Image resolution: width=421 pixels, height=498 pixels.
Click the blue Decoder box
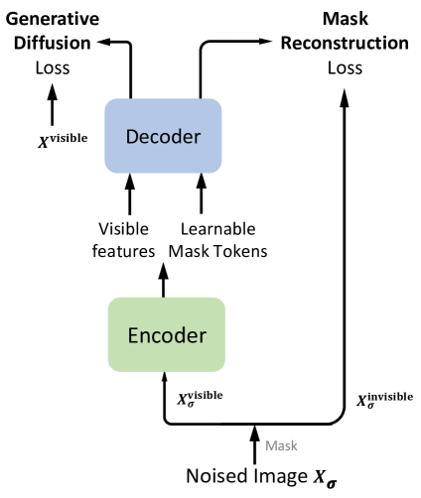pyautogui.click(x=163, y=136)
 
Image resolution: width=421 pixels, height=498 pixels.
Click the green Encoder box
pyautogui.click(x=167, y=334)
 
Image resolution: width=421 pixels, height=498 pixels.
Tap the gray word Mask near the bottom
pyautogui.click(x=281, y=445)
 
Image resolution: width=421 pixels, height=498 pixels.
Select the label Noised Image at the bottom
pyautogui.click(x=247, y=476)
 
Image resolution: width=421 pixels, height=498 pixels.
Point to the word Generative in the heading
pyautogui.click(x=53, y=19)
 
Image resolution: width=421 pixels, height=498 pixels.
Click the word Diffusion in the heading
pyautogui.click(x=53, y=43)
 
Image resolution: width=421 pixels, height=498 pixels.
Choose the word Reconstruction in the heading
pyautogui.click(x=345, y=43)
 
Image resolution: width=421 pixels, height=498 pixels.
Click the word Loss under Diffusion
pyautogui.click(x=53, y=67)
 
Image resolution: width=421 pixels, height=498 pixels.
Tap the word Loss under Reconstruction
pyautogui.click(x=345, y=67)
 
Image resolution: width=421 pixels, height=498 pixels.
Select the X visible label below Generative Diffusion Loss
pyautogui.click(x=63, y=140)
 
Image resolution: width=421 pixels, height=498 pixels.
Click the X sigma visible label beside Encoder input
pyautogui.click(x=200, y=399)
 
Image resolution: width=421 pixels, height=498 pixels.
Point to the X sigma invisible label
pyautogui.click(x=384, y=400)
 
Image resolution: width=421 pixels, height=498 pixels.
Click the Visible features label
pyautogui.click(x=123, y=240)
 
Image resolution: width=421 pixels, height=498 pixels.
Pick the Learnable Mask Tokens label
pyautogui.click(x=218, y=240)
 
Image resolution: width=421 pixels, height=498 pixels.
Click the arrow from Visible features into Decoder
pyautogui.click(x=130, y=193)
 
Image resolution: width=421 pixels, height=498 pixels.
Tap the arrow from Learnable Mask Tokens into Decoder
pyautogui.click(x=202, y=193)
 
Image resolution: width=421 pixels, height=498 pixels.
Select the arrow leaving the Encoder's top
pyautogui.click(x=163, y=280)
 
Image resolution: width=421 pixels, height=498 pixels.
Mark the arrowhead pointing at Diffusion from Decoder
pyautogui.click(x=104, y=42)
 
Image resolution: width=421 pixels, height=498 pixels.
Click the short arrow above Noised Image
pyautogui.click(x=254, y=444)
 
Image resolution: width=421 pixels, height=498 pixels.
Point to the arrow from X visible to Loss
pyautogui.click(x=52, y=104)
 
